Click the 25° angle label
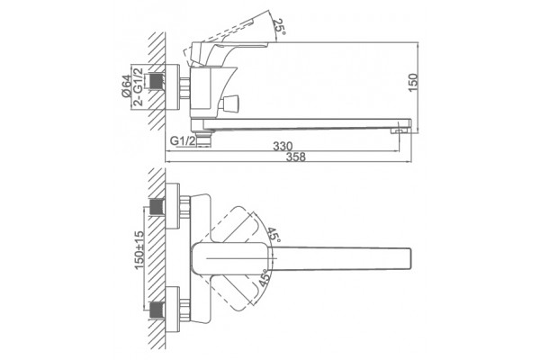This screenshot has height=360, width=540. coord(280,26)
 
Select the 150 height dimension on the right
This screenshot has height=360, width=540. coord(413,82)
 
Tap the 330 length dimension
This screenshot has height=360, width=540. coord(283,146)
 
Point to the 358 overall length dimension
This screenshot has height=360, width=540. coord(296,157)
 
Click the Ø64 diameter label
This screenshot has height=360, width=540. coord(126,86)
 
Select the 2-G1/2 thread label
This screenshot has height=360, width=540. coord(138,86)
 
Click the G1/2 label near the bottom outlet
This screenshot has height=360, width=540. coord(183,140)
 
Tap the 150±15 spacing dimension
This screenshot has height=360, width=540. coord(139,250)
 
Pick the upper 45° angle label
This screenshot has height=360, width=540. coord(274,235)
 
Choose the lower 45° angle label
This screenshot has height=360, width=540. coord(265,278)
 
